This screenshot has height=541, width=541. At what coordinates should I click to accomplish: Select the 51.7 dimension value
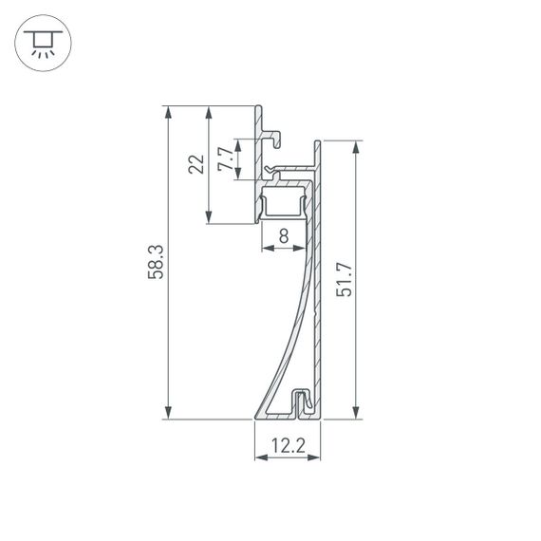pos(345,280)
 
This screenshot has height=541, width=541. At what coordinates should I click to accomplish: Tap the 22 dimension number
pos(196,164)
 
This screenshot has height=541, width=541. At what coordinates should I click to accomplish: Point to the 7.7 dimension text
pos(224,159)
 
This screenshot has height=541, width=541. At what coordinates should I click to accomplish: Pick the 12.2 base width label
pos(287,444)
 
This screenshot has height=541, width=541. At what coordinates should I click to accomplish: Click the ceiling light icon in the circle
pos(41,42)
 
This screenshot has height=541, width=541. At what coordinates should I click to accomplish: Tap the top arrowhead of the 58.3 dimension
pos(168,111)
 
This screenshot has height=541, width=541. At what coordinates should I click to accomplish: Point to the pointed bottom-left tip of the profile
pos(256,416)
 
